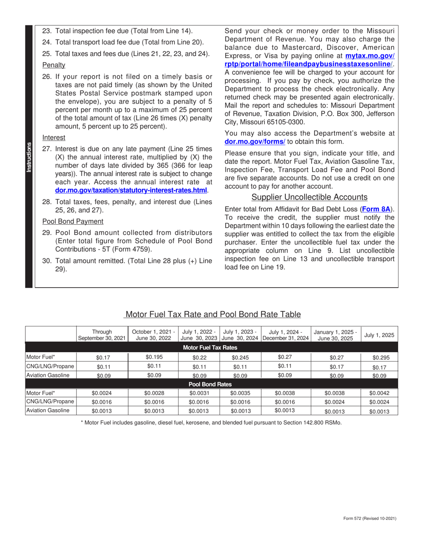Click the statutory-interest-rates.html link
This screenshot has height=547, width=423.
click(131, 190)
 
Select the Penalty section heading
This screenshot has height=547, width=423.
click(53, 65)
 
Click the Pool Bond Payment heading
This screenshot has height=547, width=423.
click(73, 221)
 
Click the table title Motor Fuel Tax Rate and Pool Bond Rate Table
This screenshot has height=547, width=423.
click(213, 314)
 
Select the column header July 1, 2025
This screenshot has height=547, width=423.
click(379, 335)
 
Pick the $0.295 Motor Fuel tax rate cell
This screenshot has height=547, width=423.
click(379, 357)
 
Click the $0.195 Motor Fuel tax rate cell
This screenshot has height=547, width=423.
click(154, 357)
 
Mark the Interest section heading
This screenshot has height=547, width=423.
click(53, 137)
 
